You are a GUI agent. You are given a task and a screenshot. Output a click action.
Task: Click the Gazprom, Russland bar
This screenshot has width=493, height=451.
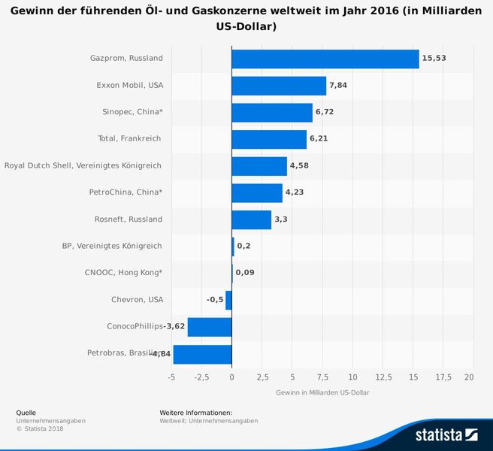coord(325,59)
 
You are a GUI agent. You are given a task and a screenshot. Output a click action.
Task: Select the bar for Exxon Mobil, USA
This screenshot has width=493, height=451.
coord(279,86)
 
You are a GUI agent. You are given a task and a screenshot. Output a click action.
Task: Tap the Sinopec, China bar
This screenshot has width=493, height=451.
coord(272,113)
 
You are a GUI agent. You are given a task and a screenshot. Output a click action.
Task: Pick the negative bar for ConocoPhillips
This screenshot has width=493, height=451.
coord(209,327)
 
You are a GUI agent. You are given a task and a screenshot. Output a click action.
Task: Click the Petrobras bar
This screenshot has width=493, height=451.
coord(202,354)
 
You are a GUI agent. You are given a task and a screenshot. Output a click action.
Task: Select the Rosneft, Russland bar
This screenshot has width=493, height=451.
coord(251,219)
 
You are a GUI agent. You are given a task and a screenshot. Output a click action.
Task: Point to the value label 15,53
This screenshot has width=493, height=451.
coord(434,59)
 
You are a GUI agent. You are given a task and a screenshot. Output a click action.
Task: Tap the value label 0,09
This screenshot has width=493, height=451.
coord(245,273)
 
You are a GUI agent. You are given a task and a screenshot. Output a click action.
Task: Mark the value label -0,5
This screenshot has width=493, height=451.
coord(215,300)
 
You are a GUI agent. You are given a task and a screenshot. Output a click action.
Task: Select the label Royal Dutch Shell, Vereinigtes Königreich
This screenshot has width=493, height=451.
coord(83,165)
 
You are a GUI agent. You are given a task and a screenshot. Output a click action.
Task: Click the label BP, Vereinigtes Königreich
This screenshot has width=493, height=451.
coord(111,246)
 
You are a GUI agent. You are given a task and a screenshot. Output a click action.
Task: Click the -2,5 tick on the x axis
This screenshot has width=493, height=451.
coord(201,377)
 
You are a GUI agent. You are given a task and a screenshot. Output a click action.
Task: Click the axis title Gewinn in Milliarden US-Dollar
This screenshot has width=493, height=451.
coord(322,393)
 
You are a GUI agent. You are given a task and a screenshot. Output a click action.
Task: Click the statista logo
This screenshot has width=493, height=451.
coord(447,434)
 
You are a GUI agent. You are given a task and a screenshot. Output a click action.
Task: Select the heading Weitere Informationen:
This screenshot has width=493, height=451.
coord(195,413)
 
